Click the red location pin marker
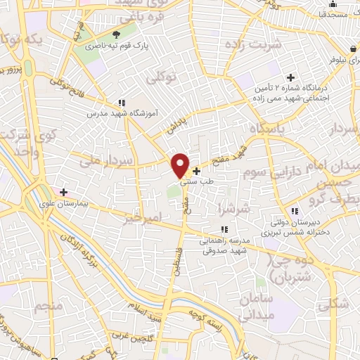181,165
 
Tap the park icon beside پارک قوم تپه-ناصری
117,34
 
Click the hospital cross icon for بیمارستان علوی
64,191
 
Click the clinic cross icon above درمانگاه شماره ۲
290,77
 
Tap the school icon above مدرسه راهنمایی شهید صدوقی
224,229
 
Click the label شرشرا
233,209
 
